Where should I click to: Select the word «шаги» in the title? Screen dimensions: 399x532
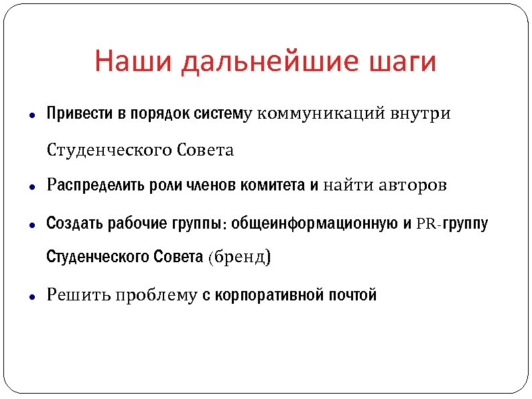(403, 62)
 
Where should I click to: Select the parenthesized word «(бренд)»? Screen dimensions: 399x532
(239, 258)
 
